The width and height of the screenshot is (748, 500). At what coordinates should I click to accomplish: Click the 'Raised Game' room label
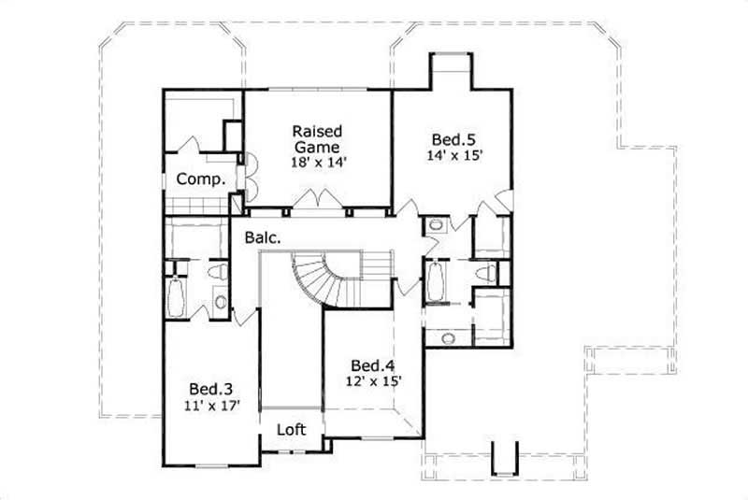point(317,138)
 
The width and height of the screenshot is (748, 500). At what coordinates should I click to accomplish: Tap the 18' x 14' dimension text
point(317,161)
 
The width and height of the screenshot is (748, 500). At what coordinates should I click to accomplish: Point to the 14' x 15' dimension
point(455,155)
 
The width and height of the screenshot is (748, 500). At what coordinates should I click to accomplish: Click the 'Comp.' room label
point(201,179)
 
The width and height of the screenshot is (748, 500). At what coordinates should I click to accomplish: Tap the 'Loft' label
point(291,432)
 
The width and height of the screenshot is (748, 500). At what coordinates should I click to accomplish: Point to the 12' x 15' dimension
point(371,381)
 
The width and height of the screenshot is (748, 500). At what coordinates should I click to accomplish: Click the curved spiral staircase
point(318,277)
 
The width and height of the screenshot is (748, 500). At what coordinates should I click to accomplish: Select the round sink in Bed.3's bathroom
point(218,301)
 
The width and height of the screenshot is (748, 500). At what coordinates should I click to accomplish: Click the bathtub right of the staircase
point(436,280)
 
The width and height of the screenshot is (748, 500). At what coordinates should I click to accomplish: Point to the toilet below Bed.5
point(482,274)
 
